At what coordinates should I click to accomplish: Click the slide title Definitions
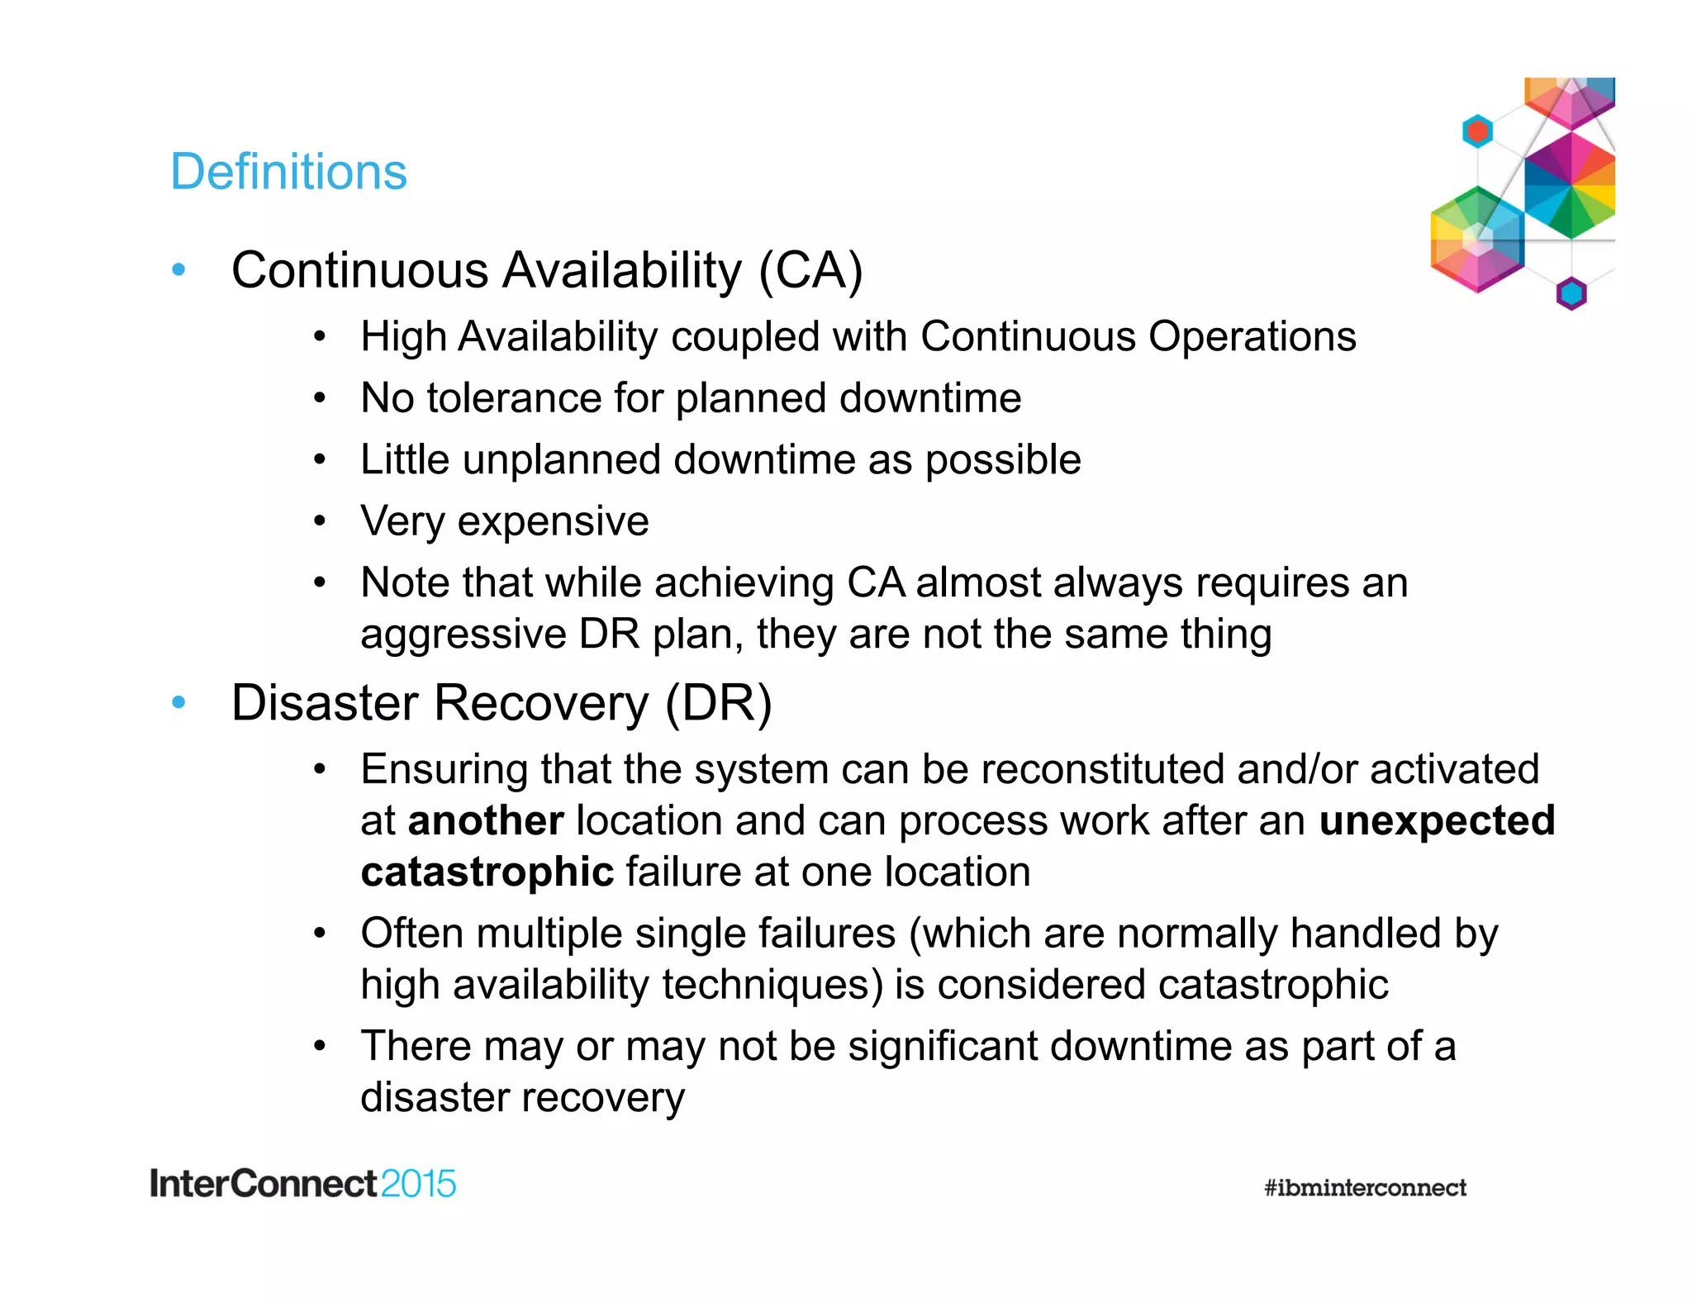point(288,172)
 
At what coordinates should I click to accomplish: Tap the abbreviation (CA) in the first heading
point(810,270)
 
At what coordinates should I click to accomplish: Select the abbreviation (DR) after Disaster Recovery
point(718,703)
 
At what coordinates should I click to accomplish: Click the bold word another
point(486,820)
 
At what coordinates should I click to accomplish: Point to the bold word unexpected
point(1437,820)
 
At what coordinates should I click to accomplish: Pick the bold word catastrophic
point(487,872)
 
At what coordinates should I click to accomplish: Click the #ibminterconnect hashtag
point(1365,1187)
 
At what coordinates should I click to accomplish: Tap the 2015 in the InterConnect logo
point(419,1184)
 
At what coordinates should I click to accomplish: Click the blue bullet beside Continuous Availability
point(178,269)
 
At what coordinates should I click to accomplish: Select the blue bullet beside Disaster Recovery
point(178,702)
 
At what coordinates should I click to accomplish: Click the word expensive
point(554,522)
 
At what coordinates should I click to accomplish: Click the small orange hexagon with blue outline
point(1477,131)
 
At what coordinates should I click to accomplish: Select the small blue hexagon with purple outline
point(1571,293)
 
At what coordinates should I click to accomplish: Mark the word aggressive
point(463,635)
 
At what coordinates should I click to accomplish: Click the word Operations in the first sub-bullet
point(1252,337)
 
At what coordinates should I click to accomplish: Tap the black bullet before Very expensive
point(320,521)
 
